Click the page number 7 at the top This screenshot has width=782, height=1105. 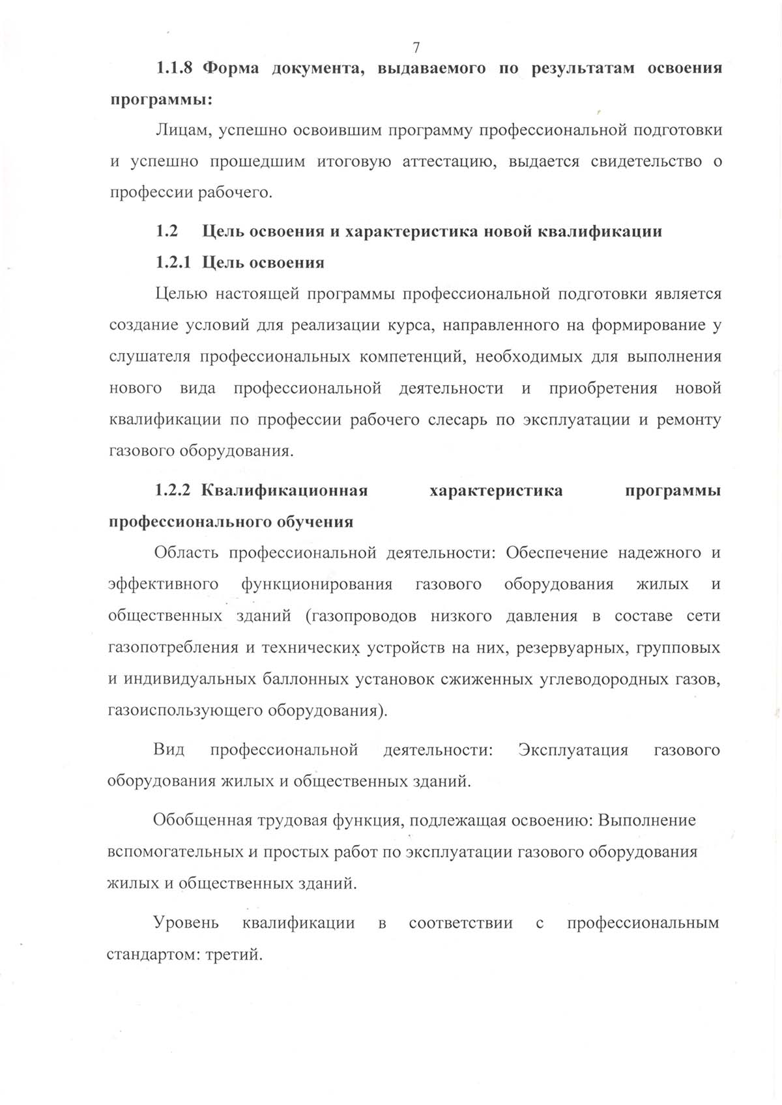(x=416, y=47)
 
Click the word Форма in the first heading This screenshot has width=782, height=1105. (x=231, y=68)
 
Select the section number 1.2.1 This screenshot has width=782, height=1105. (x=173, y=263)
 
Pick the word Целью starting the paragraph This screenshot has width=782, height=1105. (x=181, y=294)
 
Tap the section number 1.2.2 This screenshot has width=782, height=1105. (x=173, y=490)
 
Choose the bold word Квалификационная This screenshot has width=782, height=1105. (x=285, y=490)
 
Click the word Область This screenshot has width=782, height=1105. (x=186, y=553)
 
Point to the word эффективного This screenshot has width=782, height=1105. (x=163, y=584)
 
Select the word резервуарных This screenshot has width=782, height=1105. (x=574, y=648)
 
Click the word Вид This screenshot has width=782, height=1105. (x=169, y=750)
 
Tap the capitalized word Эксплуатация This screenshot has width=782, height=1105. (x=573, y=750)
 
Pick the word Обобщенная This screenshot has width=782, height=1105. (x=202, y=820)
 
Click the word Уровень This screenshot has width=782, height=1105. (x=186, y=923)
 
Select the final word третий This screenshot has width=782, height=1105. (x=233, y=955)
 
